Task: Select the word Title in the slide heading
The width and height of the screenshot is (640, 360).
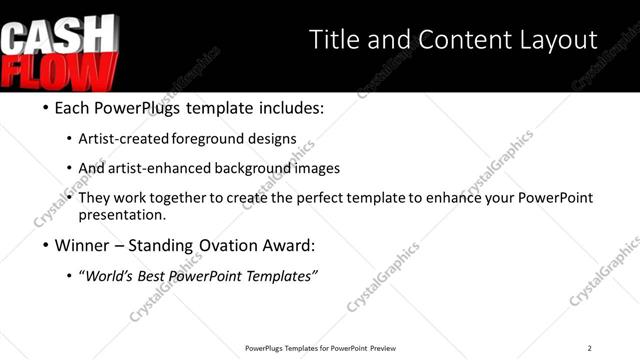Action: [x=336, y=40]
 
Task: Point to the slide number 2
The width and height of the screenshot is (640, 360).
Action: [x=590, y=348]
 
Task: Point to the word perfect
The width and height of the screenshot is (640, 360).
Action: [x=329, y=198]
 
